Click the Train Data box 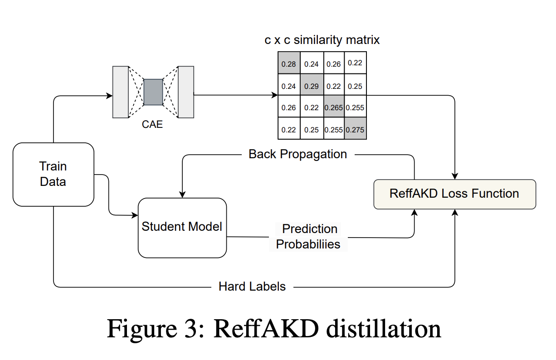[53, 174]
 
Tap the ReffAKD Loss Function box [454, 194]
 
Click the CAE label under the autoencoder [152, 124]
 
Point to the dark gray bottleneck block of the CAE [153, 92]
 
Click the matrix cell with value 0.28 [288, 63]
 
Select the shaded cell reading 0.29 [311, 86]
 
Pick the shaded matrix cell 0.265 [333, 108]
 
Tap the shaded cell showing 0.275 [355, 130]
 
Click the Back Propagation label [298, 154]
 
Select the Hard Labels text [252, 287]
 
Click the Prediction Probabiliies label [309, 236]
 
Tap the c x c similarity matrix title [322, 40]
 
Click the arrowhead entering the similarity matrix [274, 95]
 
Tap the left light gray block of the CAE [121, 92]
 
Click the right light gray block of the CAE [186, 92]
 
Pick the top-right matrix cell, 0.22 [355, 63]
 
